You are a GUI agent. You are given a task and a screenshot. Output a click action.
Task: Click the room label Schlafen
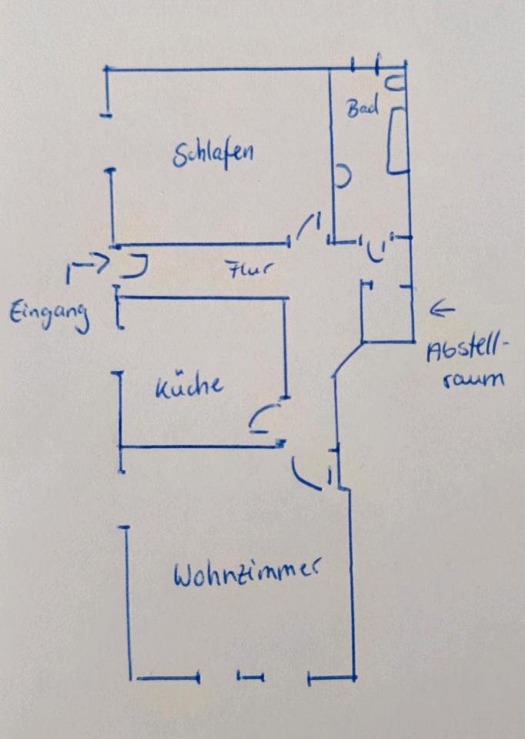coord(213,153)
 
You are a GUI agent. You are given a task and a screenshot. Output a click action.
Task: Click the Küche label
coord(189,385)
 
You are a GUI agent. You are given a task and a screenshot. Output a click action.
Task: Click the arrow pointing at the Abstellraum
coord(443,310)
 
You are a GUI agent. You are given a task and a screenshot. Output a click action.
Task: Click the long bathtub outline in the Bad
coord(397,142)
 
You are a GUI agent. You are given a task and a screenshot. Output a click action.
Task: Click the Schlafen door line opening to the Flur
coord(309,226)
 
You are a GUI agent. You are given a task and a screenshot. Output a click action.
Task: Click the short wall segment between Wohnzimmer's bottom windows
coord(250,677)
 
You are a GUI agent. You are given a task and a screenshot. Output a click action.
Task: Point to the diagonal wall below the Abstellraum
coord(348,358)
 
